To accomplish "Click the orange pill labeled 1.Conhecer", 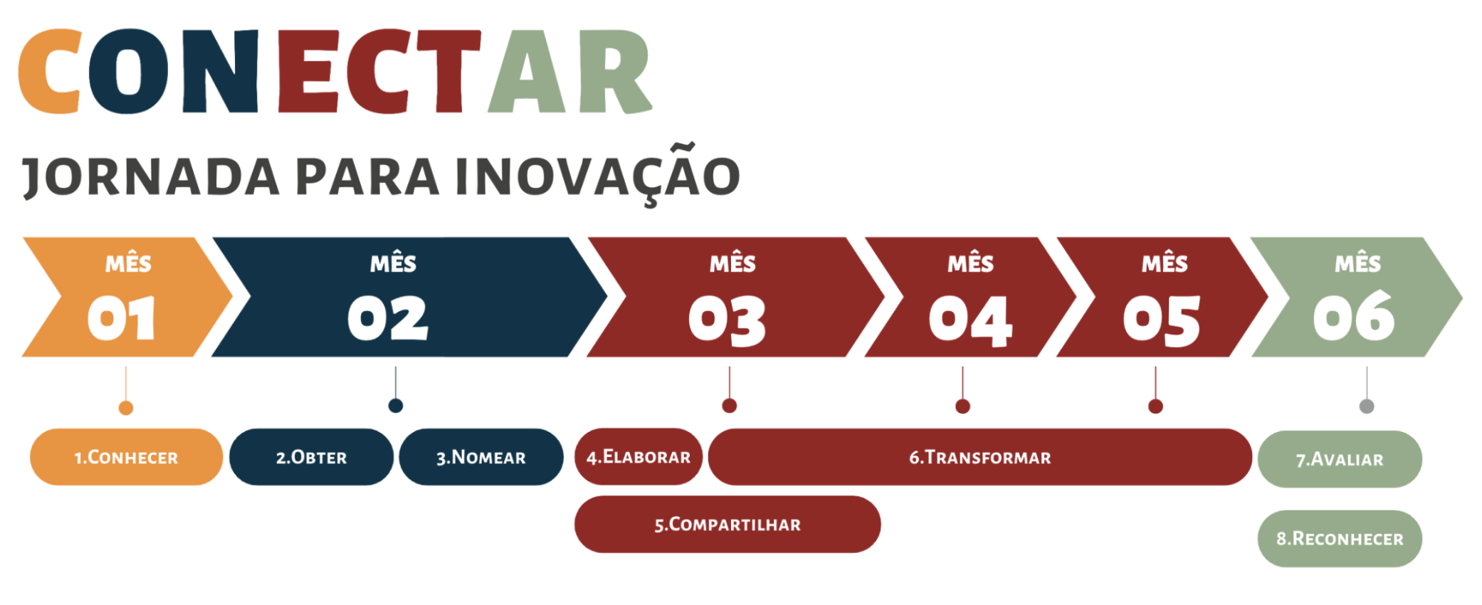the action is [126, 457].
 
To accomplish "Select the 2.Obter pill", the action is [311, 457].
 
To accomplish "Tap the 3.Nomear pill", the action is [481, 457].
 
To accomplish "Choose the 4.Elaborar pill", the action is [638, 456].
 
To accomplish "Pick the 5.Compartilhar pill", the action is [727, 525].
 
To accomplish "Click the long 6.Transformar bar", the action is [980, 457].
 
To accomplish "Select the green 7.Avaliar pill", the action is [1340, 459].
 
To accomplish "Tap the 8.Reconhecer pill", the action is [1340, 539].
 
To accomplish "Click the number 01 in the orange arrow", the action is [121, 318].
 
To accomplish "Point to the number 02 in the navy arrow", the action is [388, 318].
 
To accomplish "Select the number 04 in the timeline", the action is [970, 321].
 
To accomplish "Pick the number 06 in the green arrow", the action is [1353, 316].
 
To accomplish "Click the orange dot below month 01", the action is [126, 408].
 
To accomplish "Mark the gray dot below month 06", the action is [1367, 406].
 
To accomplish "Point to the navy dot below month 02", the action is [396, 406].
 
